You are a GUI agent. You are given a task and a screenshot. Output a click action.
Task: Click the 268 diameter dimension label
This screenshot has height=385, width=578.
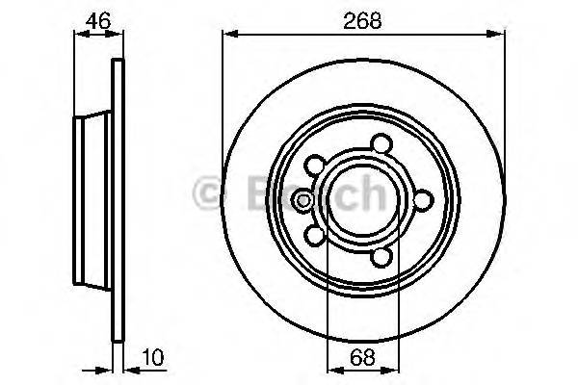pyautogui.click(x=363, y=17)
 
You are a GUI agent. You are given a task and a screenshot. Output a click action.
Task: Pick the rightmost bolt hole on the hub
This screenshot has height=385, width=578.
pyautogui.click(x=422, y=199)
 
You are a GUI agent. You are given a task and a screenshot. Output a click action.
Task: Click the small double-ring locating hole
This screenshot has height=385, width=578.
pyautogui.click(x=301, y=200)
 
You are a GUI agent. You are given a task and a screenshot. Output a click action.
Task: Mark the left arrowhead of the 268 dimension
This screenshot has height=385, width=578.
pyautogui.click(x=229, y=35)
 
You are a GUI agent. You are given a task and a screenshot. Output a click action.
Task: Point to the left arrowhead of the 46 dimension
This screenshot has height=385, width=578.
pyautogui.click(x=80, y=35)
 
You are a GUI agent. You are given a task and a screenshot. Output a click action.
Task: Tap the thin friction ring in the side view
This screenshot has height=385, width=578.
pyautogui.click(x=118, y=202)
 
